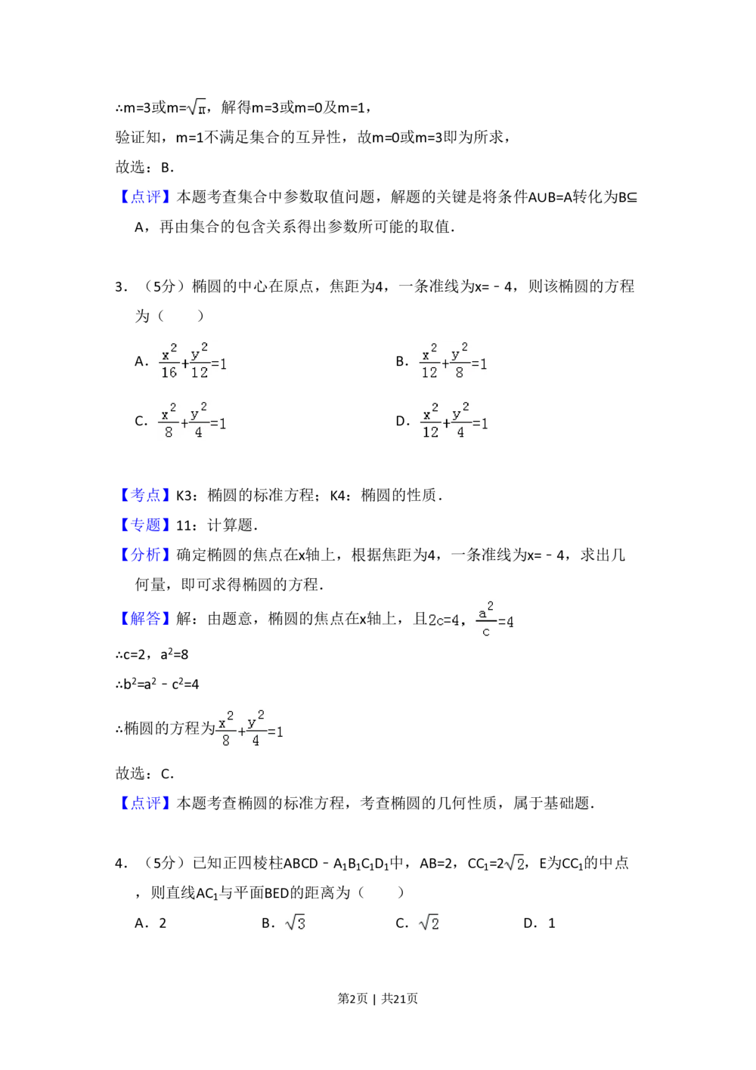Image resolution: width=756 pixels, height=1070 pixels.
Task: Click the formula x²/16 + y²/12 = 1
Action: pyautogui.click(x=193, y=360)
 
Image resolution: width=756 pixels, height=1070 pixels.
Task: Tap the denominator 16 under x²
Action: pyautogui.click(x=169, y=372)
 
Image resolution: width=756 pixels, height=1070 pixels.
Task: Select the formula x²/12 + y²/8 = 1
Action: pyautogui.click(x=454, y=360)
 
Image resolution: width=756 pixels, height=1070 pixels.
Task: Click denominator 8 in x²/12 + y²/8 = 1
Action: pyautogui.click(x=459, y=372)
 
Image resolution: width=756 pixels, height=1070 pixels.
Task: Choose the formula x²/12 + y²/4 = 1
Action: pyautogui.click(x=454, y=420)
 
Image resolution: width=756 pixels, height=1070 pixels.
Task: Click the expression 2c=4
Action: pyautogui.click(x=444, y=620)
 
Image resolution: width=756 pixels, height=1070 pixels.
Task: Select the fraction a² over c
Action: pyautogui.click(x=486, y=620)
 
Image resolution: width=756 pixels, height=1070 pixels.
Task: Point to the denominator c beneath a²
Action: pyautogui.click(x=486, y=632)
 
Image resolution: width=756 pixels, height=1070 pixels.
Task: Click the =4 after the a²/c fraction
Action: pyautogui.click(x=507, y=622)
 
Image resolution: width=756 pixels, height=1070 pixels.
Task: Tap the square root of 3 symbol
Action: pyautogui.click(x=296, y=924)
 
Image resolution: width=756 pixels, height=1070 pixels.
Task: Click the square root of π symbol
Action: pyautogui.click(x=197, y=109)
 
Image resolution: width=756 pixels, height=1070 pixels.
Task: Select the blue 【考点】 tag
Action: pyautogui.click(x=145, y=494)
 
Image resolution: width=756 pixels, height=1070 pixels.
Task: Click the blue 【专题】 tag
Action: pyautogui.click(x=145, y=524)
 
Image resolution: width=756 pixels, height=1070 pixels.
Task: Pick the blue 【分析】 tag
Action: pyautogui.click(x=145, y=554)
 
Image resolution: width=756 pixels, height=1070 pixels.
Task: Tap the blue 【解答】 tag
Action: pyautogui.click(x=145, y=619)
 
